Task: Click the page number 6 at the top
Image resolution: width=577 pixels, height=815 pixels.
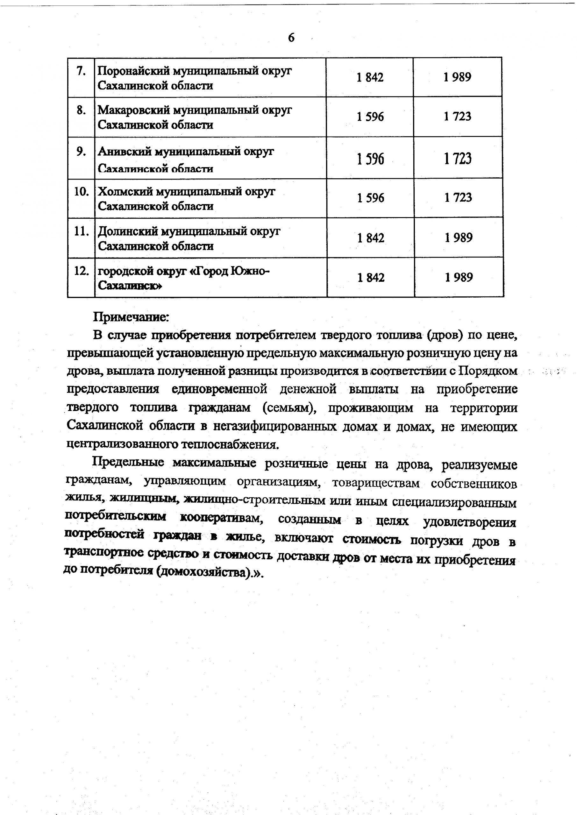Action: [x=291, y=37]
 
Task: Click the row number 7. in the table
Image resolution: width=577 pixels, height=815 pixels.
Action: [x=81, y=71]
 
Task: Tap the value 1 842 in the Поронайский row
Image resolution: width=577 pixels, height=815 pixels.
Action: [x=370, y=77]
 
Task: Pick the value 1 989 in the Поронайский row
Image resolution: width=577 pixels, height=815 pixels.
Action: [x=457, y=77]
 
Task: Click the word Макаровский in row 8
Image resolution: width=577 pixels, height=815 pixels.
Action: [x=134, y=110]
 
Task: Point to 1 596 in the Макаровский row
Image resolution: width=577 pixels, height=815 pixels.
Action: [x=370, y=117]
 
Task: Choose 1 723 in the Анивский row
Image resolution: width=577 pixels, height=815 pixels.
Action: [x=458, y=158]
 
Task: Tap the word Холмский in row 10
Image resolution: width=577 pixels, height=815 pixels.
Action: [x=126, y=192]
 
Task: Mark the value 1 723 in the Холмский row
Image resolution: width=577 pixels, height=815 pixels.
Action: [x=458, y=197]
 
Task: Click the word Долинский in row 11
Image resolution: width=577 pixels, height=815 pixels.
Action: [x=128, y=231]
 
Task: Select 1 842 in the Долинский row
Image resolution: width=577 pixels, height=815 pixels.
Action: [x=371, y=237]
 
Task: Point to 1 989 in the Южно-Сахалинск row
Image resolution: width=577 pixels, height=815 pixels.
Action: [x=459, y=277]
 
